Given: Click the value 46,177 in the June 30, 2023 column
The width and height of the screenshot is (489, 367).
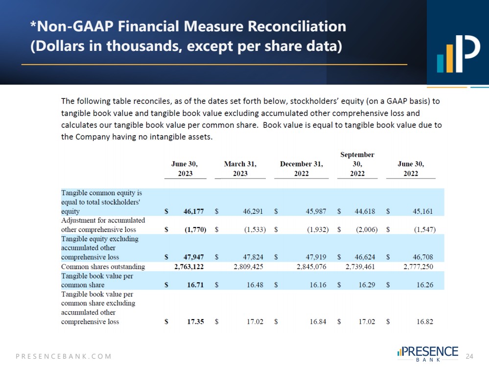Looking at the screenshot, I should point(193,212).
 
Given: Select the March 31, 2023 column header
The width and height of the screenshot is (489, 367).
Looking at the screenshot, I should point(240,169).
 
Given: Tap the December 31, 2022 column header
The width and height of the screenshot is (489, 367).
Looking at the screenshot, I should point(301,169).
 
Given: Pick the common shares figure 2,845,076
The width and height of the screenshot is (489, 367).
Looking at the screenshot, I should point(311,267).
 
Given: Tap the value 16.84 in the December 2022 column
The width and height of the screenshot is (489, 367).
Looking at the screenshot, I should point(318,321).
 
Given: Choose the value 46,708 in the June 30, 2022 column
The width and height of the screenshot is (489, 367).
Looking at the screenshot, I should point(423,257).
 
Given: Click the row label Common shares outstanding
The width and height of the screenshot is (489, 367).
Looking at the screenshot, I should point(103,267).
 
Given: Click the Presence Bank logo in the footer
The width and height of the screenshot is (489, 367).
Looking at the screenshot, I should point(428,354).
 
